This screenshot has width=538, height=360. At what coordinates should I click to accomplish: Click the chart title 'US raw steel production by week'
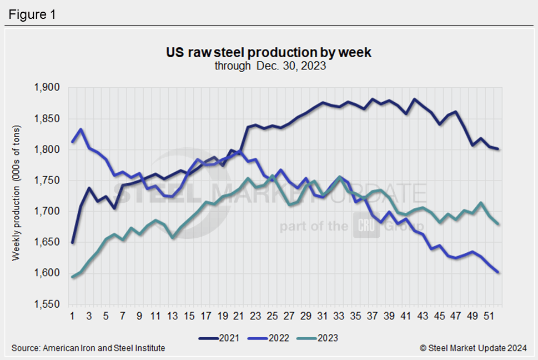click(269, 53)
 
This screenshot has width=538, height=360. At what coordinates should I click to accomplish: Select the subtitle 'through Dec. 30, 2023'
click(269, 66)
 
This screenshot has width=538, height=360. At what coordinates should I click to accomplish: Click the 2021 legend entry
click(217, 337)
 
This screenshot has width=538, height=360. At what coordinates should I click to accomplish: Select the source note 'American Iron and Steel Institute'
click(104, 348)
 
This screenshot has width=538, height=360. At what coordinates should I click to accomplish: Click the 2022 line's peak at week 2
click(81, 129)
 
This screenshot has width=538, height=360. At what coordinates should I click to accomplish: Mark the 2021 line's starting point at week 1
click(73, 243)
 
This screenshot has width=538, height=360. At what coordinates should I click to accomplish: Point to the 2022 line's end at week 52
click(499, 272)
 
